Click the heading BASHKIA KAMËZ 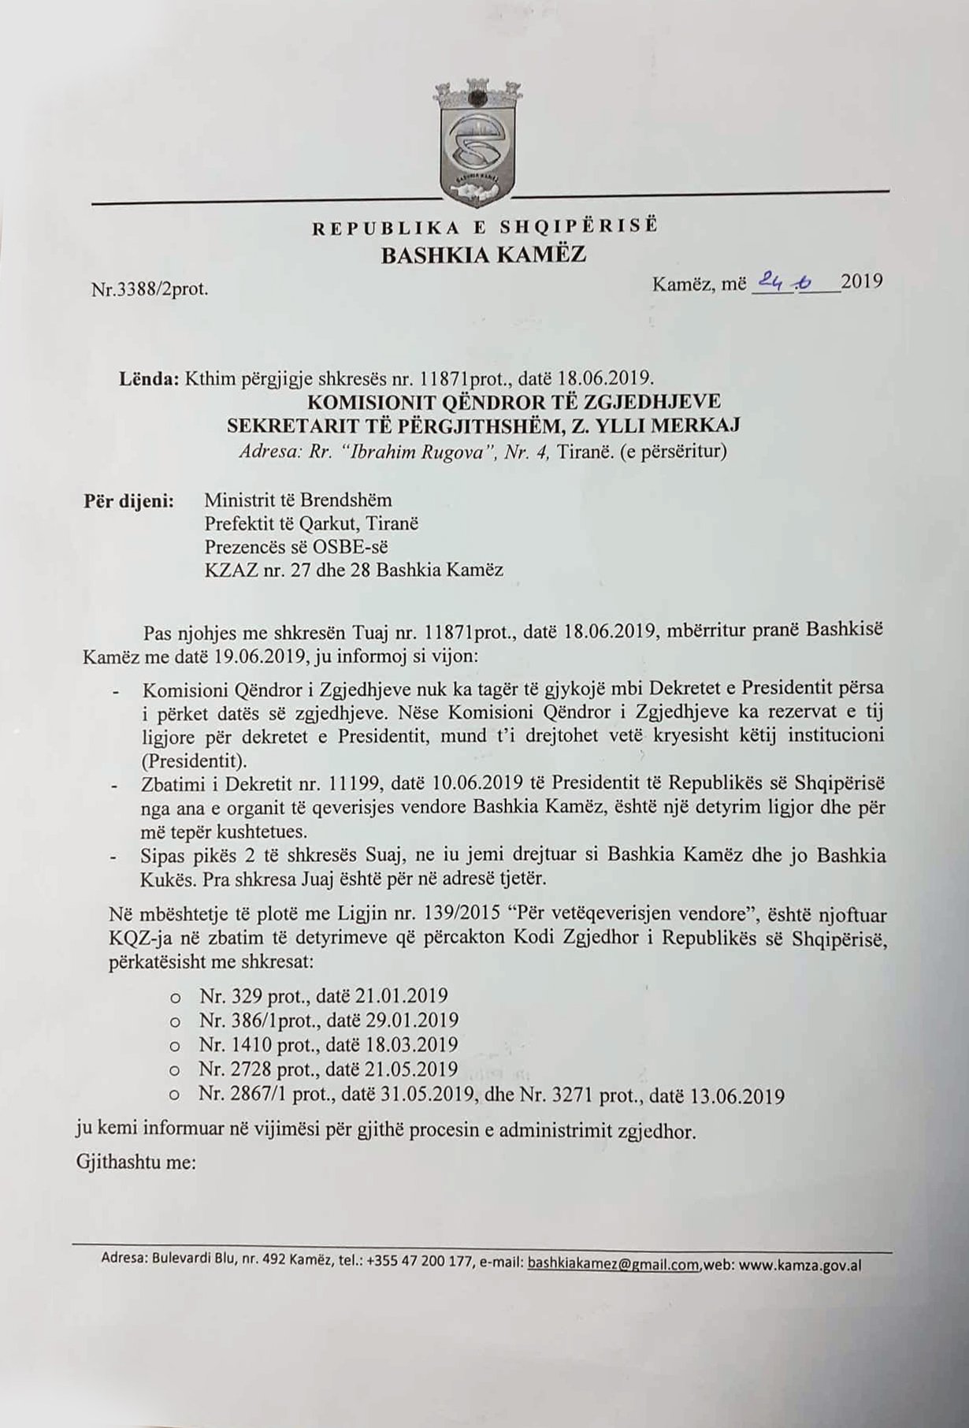tap(484, 255)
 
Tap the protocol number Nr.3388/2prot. tap(150, 289)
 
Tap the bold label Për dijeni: tap(129, 501)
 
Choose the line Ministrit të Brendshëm tap(298, 500)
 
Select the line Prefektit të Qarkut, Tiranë tap(311, 523)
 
